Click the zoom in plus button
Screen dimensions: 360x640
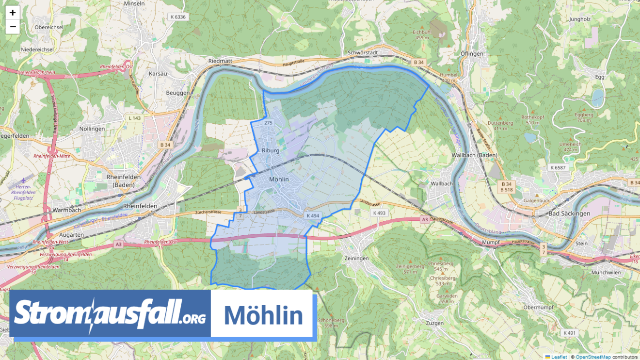[x=13, y=13]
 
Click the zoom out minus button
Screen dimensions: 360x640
[x=13, y=27]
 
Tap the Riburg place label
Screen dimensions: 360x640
[x=271, y=150]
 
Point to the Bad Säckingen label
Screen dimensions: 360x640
[x=569, y=213]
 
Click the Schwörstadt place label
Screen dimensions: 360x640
[x=363, y=52]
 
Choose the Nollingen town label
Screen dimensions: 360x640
[x=92, y=129]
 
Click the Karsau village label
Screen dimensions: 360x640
[x=158, y=74]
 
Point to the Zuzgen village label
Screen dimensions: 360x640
[x=433, y=323]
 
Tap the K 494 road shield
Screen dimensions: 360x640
[x=312, y=215]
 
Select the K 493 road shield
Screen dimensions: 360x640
[x=379, y=213]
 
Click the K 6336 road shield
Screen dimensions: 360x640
[x=178, y=16]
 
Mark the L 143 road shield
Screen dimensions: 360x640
[x=134, y=118]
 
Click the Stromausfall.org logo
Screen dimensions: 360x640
[x=110, y=313]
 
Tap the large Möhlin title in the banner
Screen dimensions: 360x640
[x=263, y=315]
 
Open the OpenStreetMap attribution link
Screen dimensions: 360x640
[x=593, y=357]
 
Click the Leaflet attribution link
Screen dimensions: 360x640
[x=559, y=357]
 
